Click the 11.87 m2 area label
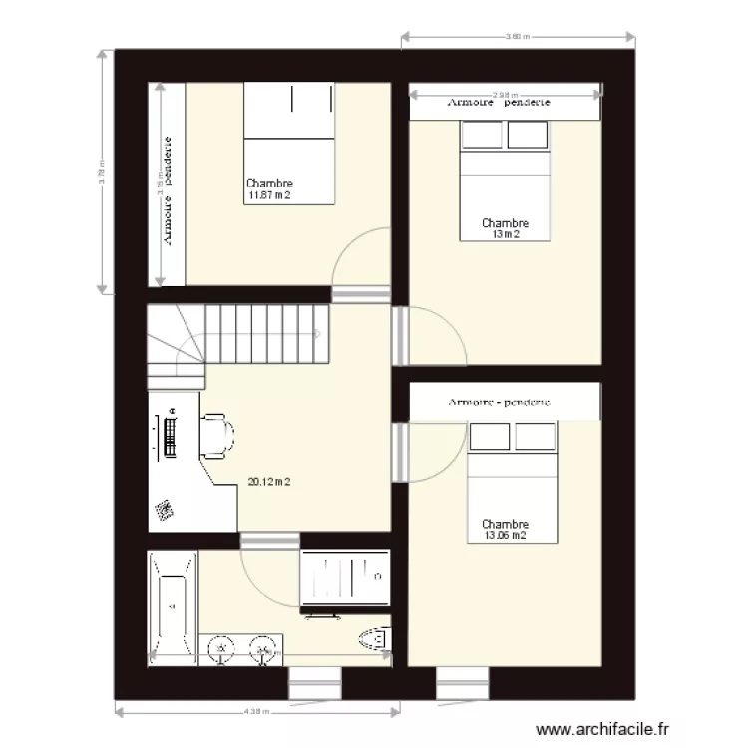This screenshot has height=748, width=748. pyautogui.click(x=268, y=195)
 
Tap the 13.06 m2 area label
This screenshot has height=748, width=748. pyautogui.click(x=505, y=536)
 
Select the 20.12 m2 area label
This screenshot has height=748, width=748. pyautogui.click(x=268, y=482)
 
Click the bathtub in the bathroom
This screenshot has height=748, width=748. pyautogui.click(x=173, y=605)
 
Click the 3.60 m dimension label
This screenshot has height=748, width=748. pyautogui.click(x=515, y=37)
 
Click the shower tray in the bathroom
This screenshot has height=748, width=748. pyautogui.click(x=343, y=577)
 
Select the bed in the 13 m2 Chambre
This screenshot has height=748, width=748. pyautogui.click(x=505, y=181)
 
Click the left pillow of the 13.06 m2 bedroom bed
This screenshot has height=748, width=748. pyautogui.click(x=489, y=436)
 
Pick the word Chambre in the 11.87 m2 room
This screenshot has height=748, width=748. pyautogui.click(x=268, y=184)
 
